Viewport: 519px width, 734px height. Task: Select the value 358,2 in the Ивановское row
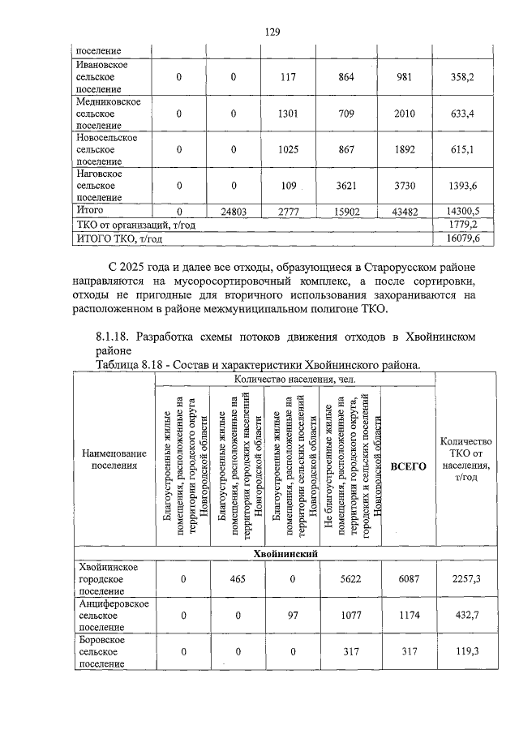click(x=461, y=76)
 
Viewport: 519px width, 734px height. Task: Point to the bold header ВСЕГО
click(x=408, y=466)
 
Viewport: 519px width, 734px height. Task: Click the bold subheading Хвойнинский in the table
click(x=284, y=553)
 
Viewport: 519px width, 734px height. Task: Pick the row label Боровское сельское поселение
click(x=101, y=652)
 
